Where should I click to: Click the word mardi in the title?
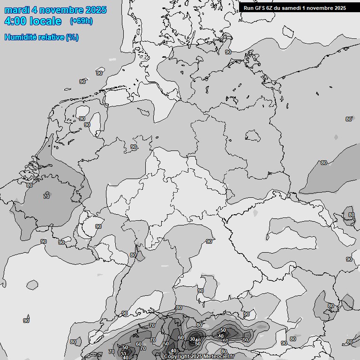17,10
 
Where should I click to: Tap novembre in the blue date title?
61,10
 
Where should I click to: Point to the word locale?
46,21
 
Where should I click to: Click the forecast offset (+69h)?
81,21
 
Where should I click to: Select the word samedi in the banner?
293,7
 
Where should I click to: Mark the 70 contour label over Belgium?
46,196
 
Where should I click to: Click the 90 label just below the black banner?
228,52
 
